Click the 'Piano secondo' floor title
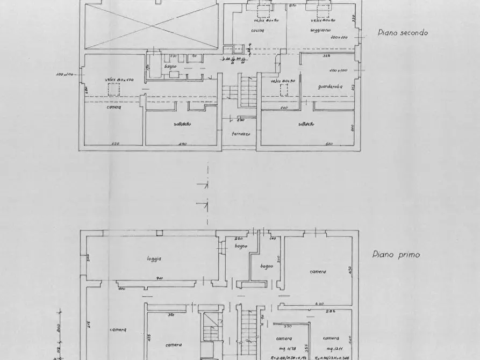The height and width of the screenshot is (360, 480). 402,32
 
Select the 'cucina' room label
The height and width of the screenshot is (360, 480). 256,31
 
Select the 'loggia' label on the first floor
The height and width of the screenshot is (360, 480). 154,258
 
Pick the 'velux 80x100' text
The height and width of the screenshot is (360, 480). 119,80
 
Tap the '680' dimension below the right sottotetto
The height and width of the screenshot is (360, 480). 329,143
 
